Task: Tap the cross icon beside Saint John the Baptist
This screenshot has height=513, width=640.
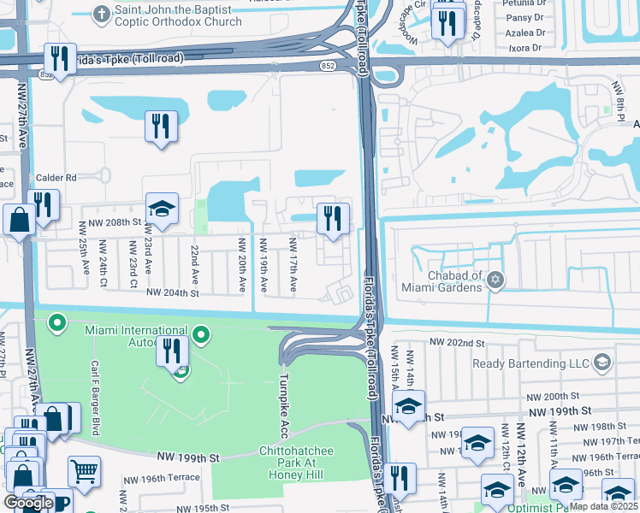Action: (102, 13)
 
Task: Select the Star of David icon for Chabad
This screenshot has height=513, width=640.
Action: (495, 280)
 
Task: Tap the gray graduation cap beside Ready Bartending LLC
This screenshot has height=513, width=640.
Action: (602, 363)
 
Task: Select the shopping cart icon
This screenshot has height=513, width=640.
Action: (84, 469)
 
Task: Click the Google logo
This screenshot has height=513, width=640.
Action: (28, 503)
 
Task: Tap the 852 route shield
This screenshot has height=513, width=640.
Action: (329, 65)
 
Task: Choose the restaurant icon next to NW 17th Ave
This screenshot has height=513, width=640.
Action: (333, 217)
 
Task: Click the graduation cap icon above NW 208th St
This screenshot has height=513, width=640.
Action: (161, 208)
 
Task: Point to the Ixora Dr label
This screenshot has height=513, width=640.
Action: (525, 48)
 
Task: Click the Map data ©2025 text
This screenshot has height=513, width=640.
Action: (604, 506)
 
